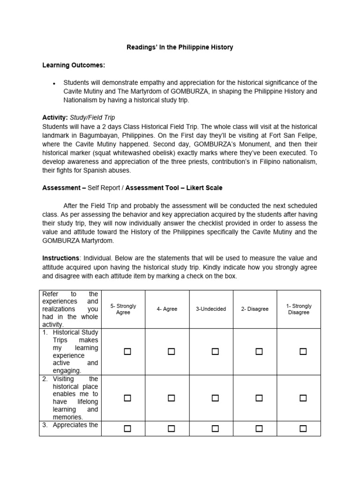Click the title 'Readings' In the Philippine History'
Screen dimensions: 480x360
pyautogui.click(x=180, y=47)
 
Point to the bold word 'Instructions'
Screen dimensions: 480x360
pyautogui.click(x=60, y=258)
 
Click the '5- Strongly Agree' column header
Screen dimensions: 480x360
pyautogui.click(x=123, y=309)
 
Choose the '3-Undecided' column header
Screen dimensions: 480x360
pyautogui.click(x=211, y=309)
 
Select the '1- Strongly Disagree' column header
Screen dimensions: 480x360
pyautogui.click(x=299, y=309)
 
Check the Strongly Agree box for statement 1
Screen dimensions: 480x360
pyautogui.click(x=127, y=352)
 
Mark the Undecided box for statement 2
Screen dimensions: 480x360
pyautogui.click(x=215, y=398)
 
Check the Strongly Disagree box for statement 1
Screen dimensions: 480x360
pyautogui.click(x=303, y=352)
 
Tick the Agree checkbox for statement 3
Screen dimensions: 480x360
pyautogui.click(x=171, y=428)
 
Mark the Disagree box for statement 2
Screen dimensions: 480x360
pyautogui.click(x=259, y=398)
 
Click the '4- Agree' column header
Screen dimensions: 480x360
pyautogui.click(x=167, y=309)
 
